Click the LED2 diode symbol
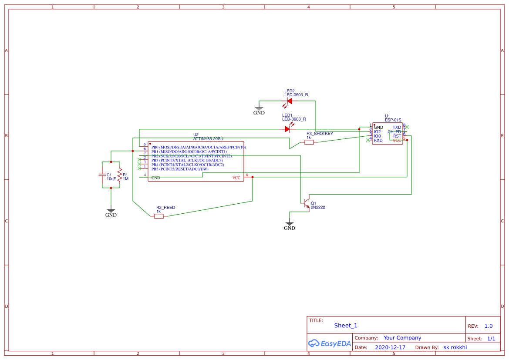click(289, 101)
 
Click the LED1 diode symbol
click(287, 129)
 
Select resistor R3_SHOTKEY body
click(309, 142)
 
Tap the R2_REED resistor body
click(159, 216)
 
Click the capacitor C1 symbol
click(102, 175)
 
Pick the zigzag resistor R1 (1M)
click(120, 175)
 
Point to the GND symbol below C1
click(111, 212)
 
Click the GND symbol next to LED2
click(259, 109)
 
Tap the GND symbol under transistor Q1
click(290, 225)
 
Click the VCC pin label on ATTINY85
click(236, 178)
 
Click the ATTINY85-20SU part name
click(208, 138)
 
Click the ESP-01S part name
click(393, 120)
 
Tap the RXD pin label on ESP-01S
click(378, 140)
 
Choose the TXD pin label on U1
click(397, 127)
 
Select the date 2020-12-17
click(390, 347)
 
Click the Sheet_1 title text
click(346, 326)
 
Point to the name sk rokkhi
click(455, 347)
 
